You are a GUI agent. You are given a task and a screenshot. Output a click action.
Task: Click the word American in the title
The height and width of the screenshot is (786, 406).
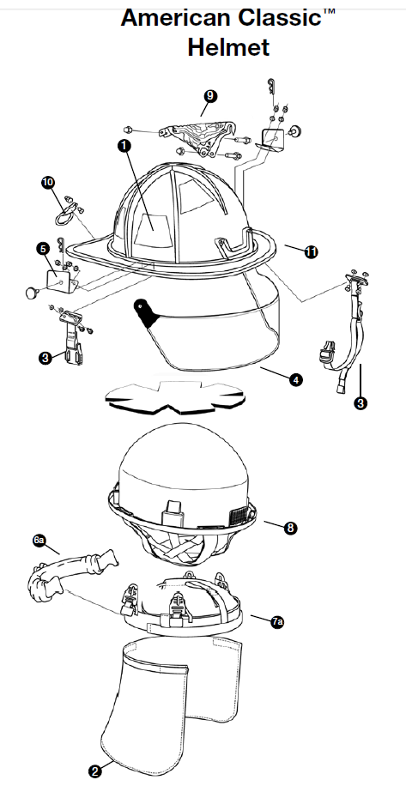tap(177, 17)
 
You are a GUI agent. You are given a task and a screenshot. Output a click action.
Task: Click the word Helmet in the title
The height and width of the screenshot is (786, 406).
tap(228, 47)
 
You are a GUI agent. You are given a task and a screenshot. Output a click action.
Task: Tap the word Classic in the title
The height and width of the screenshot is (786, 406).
tap(280, 17)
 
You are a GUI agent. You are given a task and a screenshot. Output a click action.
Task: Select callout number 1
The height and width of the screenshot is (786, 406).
tap(124, 145)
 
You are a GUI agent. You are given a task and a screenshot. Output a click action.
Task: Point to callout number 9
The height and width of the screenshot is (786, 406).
tap(210, 96)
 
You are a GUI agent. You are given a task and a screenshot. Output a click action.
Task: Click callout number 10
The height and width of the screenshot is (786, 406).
tap(48, 183)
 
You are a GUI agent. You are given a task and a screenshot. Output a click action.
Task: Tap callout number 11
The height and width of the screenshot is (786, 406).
tap(312, 251)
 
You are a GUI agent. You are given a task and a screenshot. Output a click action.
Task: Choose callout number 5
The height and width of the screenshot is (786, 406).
tap(43, 248)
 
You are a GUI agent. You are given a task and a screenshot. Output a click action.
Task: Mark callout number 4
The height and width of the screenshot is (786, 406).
tap(296, 379)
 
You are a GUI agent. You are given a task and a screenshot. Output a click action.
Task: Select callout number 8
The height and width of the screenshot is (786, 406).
tap(290, 528)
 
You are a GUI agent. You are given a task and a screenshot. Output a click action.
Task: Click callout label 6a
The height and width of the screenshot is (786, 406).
tap(39, 540)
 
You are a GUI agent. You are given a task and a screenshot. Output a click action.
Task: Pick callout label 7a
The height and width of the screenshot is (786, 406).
tap(278, 622)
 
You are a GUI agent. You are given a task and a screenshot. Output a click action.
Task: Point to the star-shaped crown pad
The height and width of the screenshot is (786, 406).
tap(175, 396)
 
